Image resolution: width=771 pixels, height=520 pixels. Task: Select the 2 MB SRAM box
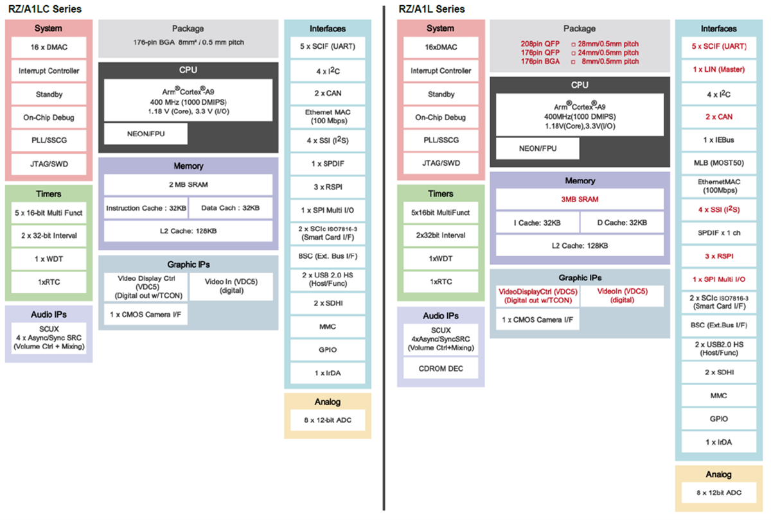tap(188, 184)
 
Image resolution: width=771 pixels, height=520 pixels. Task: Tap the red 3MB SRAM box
tap(580, 199)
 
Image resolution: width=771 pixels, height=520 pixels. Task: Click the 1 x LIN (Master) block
tap(718, 69)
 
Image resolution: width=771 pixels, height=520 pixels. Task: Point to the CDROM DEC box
tap(440, 368)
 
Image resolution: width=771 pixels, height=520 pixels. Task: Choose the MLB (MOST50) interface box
tap(718, 163)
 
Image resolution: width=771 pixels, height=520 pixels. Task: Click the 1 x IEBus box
tap(718, 140)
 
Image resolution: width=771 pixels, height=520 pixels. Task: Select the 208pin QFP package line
tap(580, 44)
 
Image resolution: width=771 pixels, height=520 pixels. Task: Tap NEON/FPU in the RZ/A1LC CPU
tap(146, 135)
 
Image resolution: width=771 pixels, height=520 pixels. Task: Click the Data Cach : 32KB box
tap(230, 208)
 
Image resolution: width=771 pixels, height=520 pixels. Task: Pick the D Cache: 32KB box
tap(622, 222)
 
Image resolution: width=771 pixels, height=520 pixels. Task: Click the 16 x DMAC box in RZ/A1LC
tap(48, 48)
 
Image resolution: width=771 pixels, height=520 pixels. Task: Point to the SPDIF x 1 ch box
tap(718, 233)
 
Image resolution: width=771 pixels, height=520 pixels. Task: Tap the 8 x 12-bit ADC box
tap(327, 420)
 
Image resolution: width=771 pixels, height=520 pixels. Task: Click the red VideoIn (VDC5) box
tap(622, 295)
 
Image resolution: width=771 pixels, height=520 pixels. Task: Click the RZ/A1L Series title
tap(432, 9)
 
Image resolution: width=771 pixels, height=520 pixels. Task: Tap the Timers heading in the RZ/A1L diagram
tap(440, 193)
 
